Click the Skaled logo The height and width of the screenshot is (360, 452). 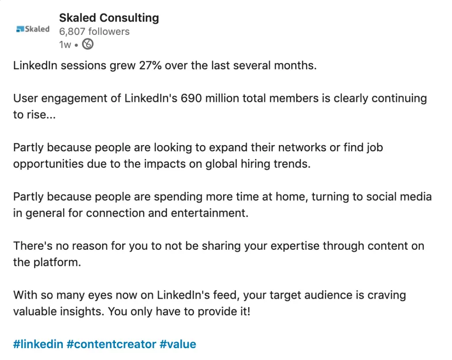pos(33,30)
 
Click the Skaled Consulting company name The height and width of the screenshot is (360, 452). pos(109,18)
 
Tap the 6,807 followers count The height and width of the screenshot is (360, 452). pos(94,32)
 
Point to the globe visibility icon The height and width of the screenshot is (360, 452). pos(88,44)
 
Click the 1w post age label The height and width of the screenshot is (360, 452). pos(65,45)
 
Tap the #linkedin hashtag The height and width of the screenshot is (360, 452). pos(38,344)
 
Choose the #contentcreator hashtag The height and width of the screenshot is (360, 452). pos(112,344)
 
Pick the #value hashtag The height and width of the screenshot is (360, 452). pos(178,344)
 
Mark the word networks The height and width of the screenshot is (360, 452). pos(299,147)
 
